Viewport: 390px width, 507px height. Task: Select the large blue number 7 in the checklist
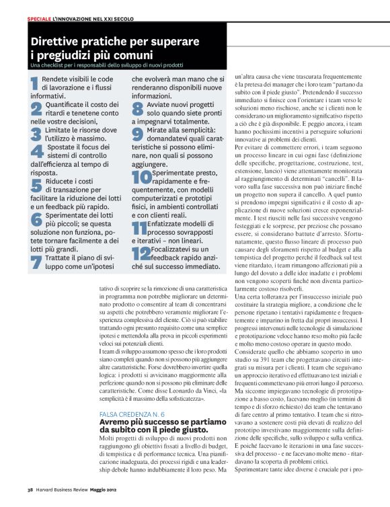(x=36, y=262)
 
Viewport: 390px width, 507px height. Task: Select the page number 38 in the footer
(x=30, y=498)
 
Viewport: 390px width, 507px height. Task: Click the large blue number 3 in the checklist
(x=36, y=134)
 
